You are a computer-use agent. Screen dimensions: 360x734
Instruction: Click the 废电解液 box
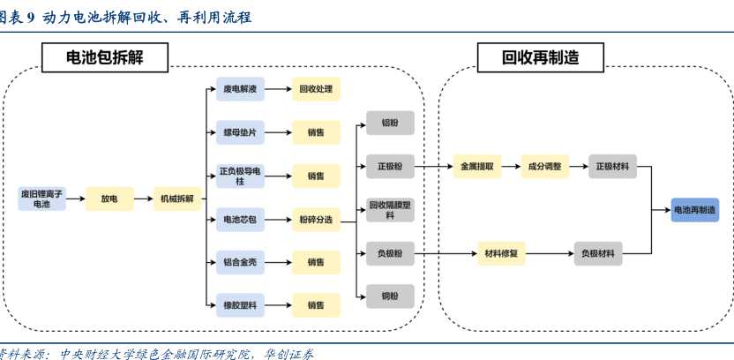click(239, 89)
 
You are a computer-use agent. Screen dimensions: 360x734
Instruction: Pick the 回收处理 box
click(316, 89)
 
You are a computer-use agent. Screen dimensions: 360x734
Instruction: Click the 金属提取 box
click(476, 166)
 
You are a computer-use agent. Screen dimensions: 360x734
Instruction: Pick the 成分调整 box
click(544, 166)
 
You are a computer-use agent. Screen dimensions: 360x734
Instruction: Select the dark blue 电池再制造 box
click(694, 210)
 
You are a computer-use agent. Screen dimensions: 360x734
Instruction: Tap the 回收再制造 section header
click(540, 57)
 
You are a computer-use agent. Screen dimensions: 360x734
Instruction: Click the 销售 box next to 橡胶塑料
click(316, 305)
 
